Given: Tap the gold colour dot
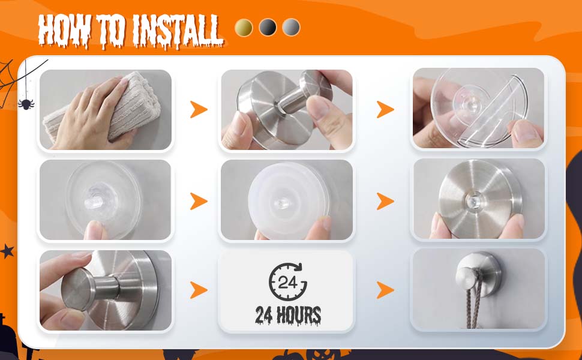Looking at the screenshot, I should (x=244, y=28).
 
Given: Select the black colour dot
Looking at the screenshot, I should (x=268, y=28).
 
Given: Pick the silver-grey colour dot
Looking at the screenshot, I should (x=291, y=28).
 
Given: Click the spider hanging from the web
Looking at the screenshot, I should (x=26, y=103).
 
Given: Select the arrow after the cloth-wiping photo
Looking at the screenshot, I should (x=199, y=109).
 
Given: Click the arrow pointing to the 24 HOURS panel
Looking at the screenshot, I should (x=199, y=290).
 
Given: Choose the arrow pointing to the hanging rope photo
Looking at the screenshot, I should (x=385, y=290).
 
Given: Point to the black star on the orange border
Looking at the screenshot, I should (x=7, y=251).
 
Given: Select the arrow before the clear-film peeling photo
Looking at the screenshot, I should (x=385, y=109).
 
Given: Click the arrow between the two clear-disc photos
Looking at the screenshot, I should (x=199, y=201).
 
